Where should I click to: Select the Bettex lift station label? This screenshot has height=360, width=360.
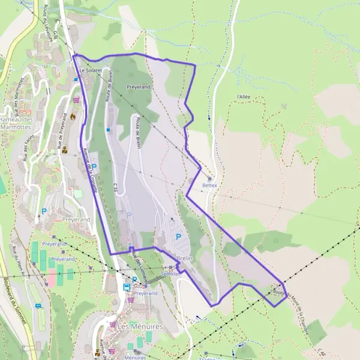[209, 185]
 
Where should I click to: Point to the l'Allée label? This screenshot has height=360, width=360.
[243, 96]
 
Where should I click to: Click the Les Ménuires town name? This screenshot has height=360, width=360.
[132, 326]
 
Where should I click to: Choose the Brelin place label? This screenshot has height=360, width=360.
[184, 258]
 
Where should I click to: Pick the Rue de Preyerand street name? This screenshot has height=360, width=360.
[61, 128]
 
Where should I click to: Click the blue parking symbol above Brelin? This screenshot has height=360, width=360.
[178, 237]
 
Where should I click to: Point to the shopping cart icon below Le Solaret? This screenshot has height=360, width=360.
[76, 100]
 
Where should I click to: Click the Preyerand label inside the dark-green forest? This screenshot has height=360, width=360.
[139, 87]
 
